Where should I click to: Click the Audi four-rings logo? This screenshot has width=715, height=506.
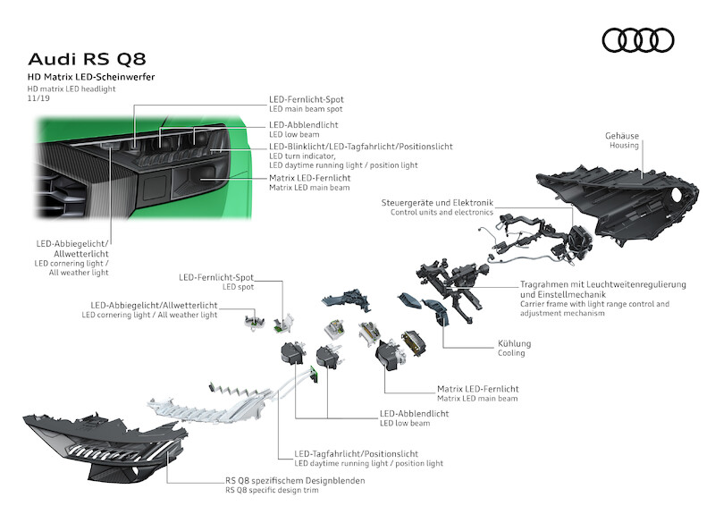[x=637, y=39]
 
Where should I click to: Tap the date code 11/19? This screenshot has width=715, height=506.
[x=38, y=99]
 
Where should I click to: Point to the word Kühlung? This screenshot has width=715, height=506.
[x=514, y=342]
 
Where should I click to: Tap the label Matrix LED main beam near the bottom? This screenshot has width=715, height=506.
[x=477, y=399]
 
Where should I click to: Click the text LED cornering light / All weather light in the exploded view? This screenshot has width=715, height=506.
[x=149, y=315]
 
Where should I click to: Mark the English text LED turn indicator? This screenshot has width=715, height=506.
[x=299, y=156]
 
